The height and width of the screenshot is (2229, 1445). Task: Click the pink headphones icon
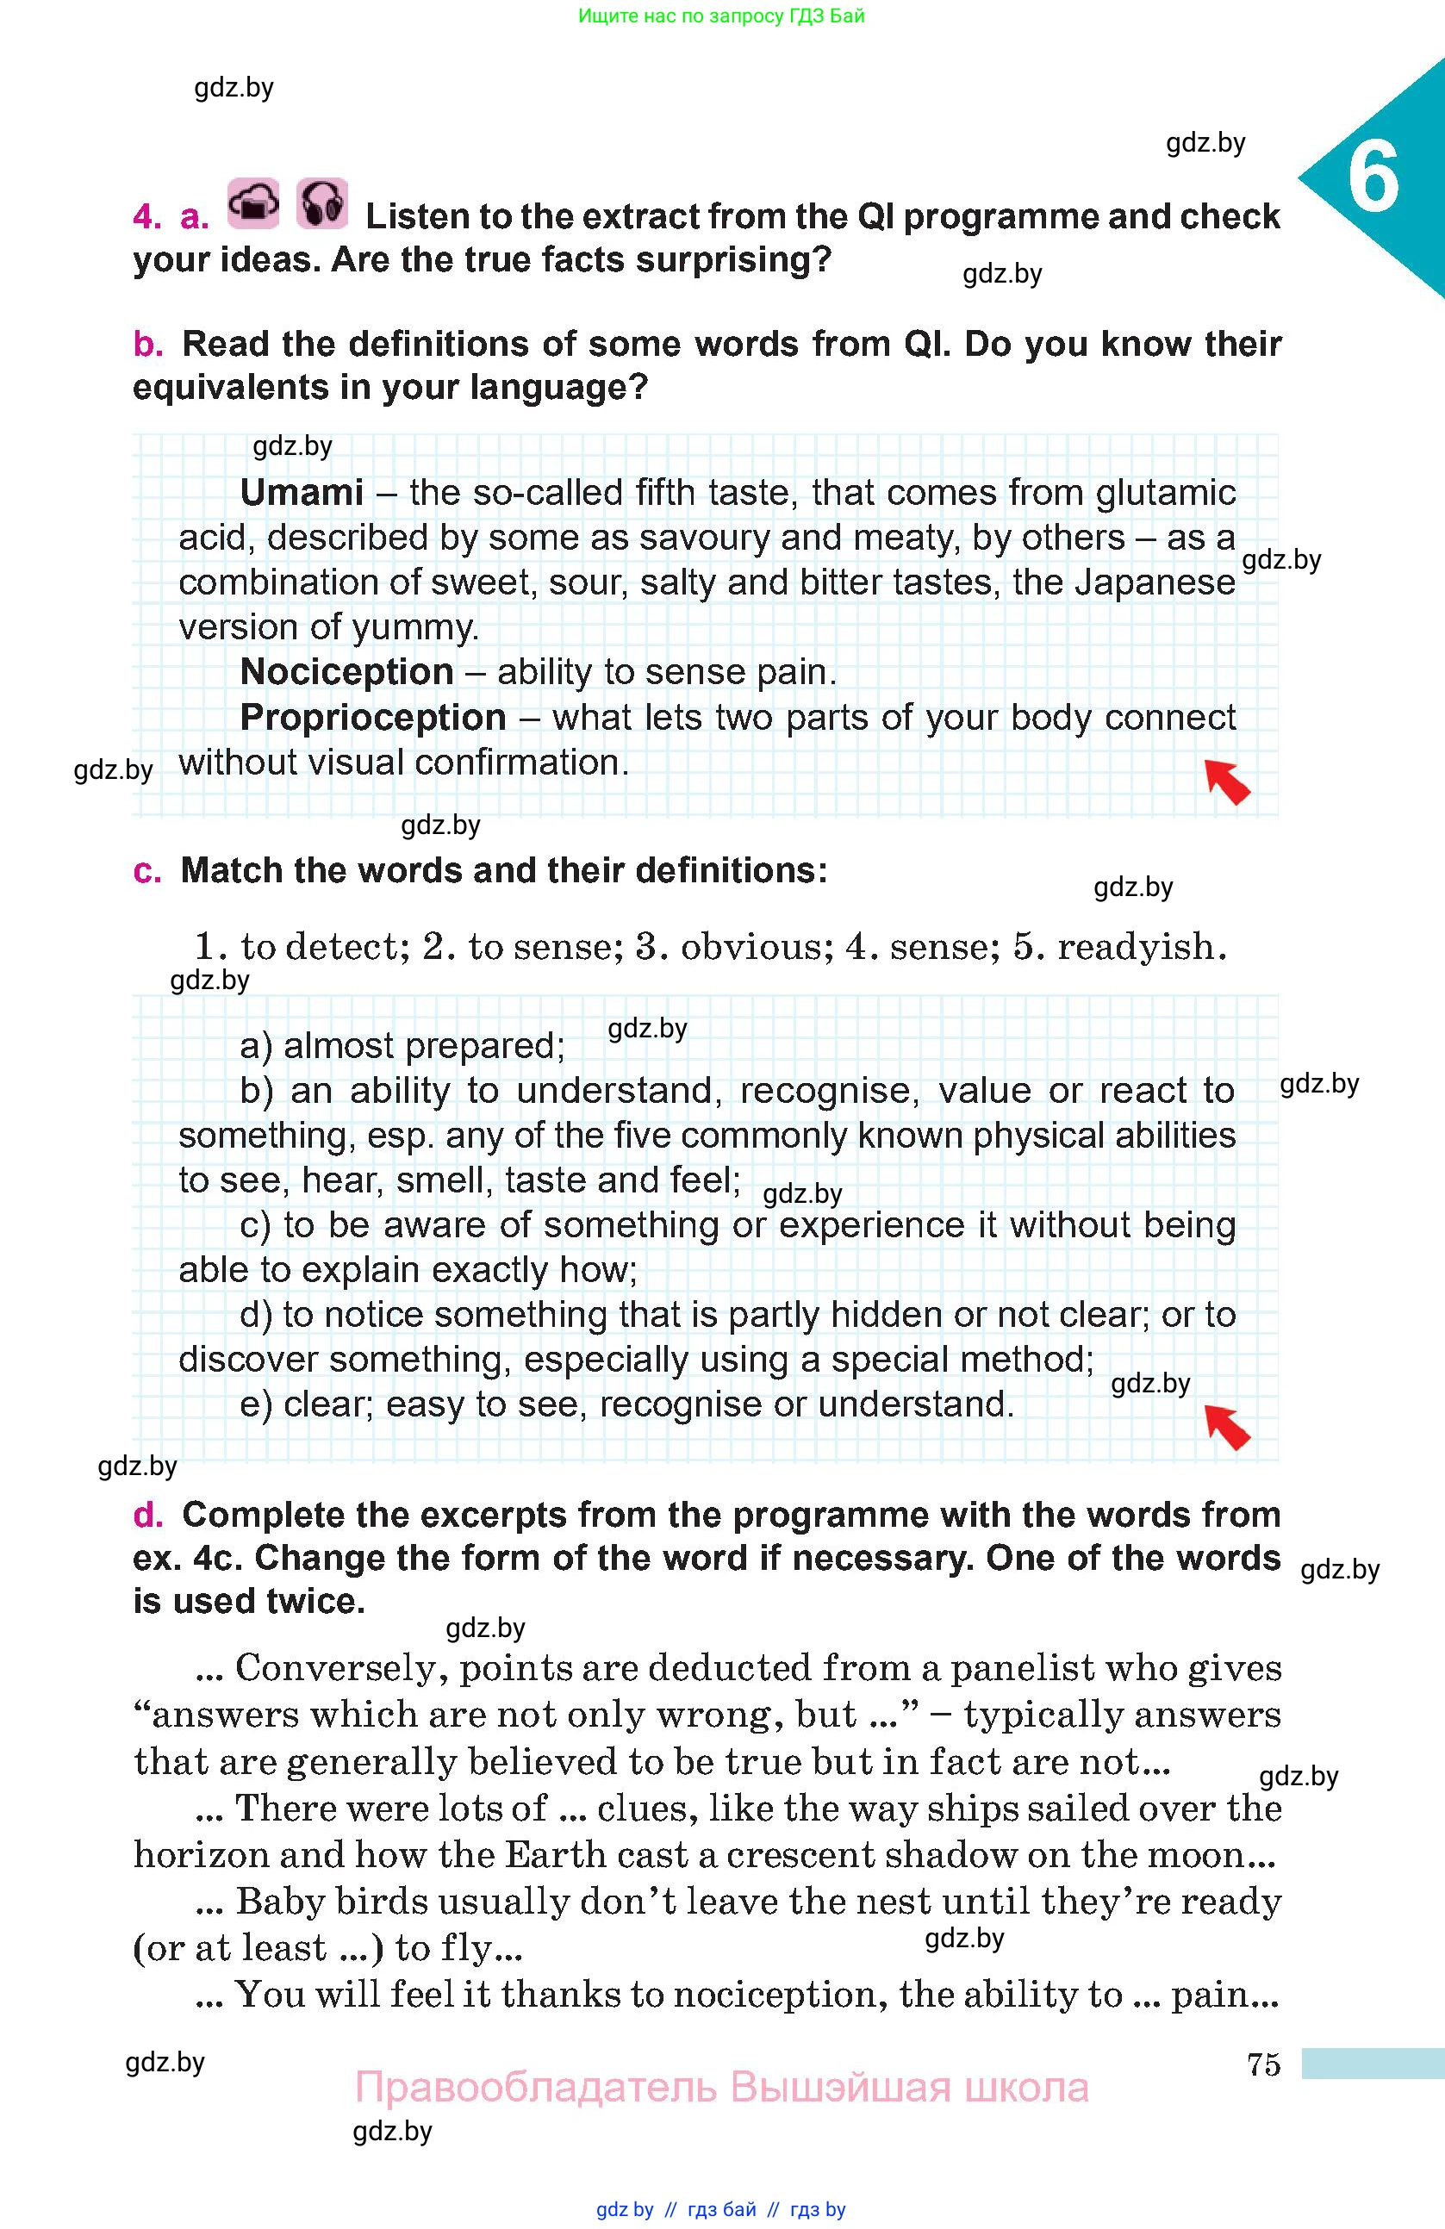click(322, 203)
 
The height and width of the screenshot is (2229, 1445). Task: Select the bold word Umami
click(302, 493)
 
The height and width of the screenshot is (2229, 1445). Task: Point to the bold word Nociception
click(346, 672)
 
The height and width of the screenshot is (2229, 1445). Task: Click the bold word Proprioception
click(373, 718)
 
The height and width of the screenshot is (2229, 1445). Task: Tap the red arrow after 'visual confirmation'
click(1227, 781)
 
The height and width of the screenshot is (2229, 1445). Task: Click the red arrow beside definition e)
click(1227, 1426)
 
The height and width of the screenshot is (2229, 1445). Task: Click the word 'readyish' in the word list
click(1141, 947)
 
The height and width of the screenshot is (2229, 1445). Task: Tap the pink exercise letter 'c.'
click(147, 871)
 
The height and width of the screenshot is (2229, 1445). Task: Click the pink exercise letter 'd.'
click(147, 1515)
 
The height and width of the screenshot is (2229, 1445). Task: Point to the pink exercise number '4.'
click(147, 216)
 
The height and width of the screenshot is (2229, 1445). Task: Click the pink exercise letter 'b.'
click(147, 345)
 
